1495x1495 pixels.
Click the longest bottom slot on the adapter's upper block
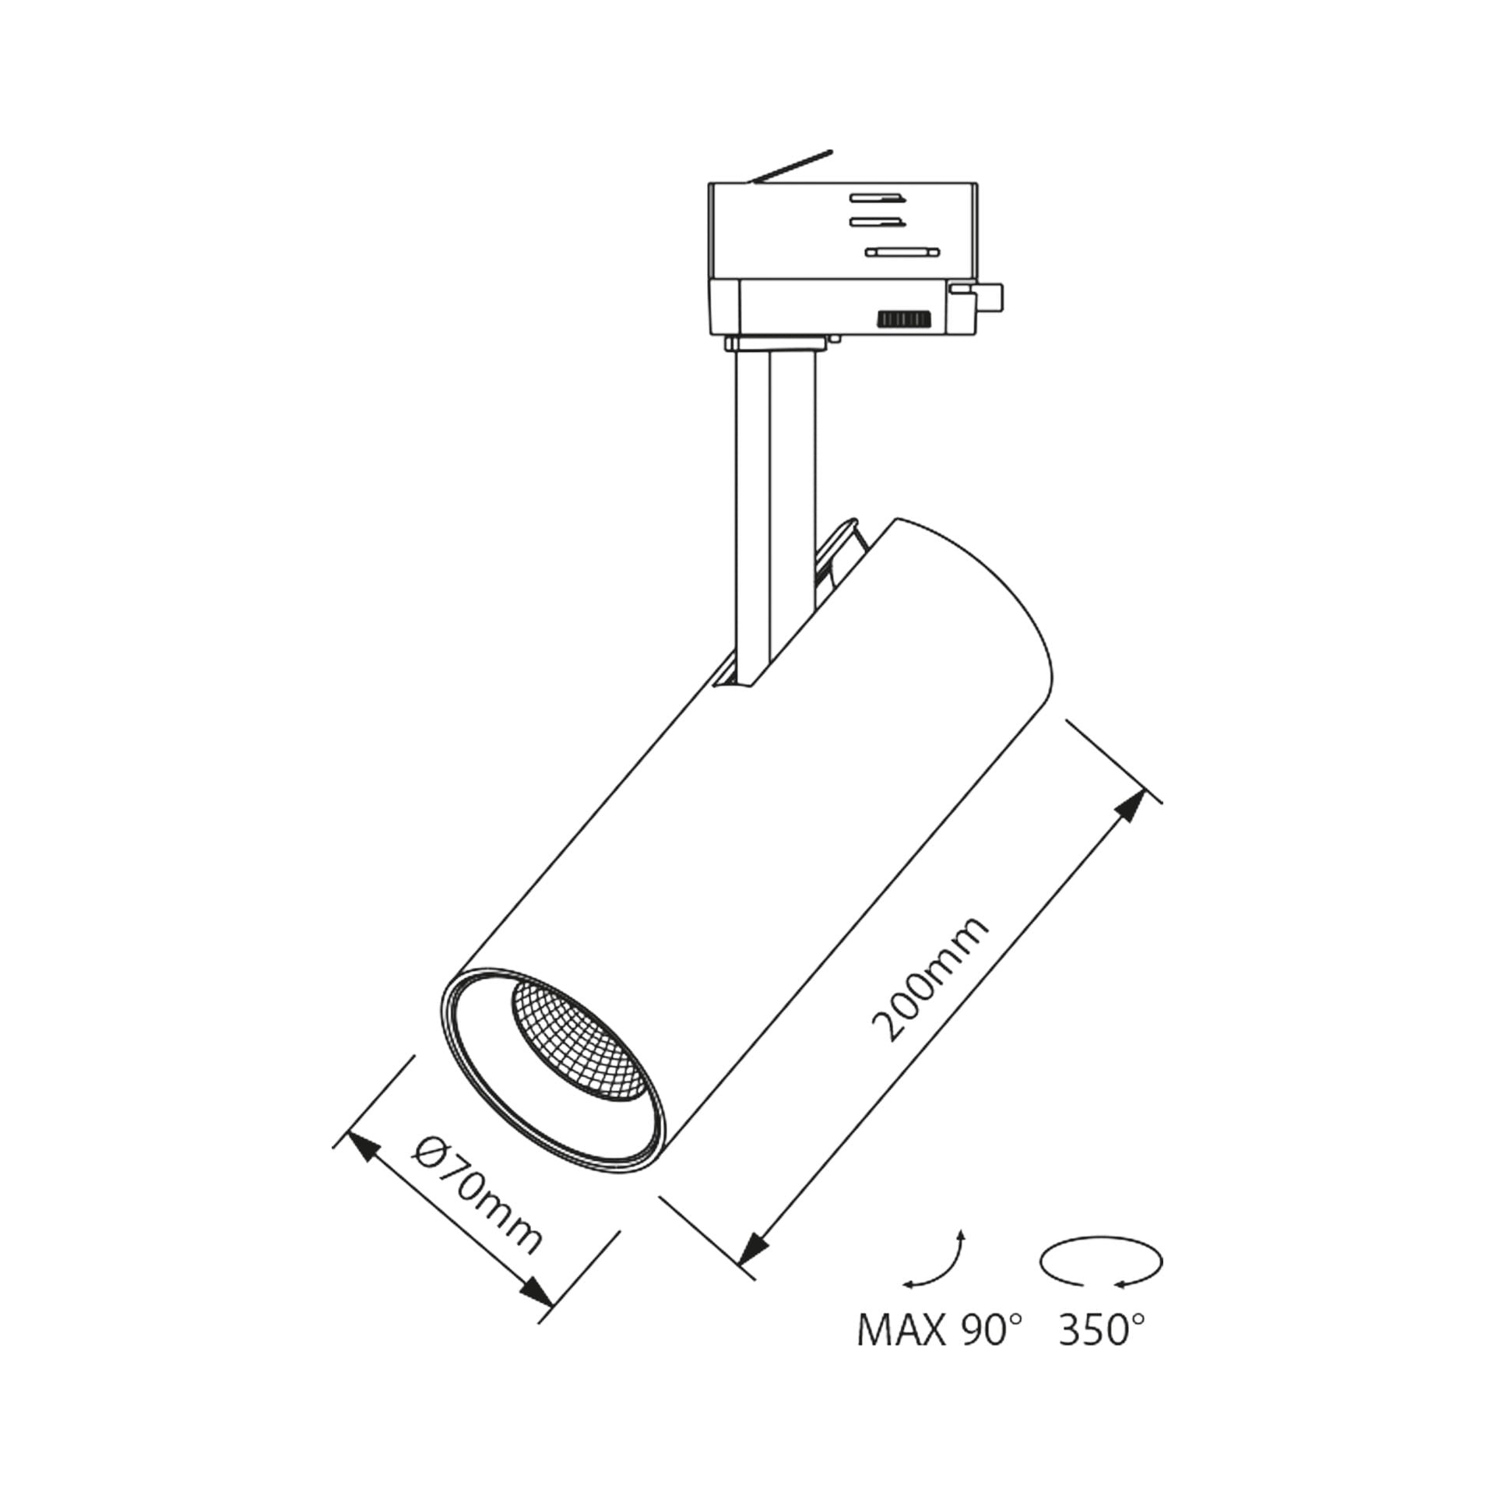[904, 251]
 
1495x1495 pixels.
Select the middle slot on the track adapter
[878, 222]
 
